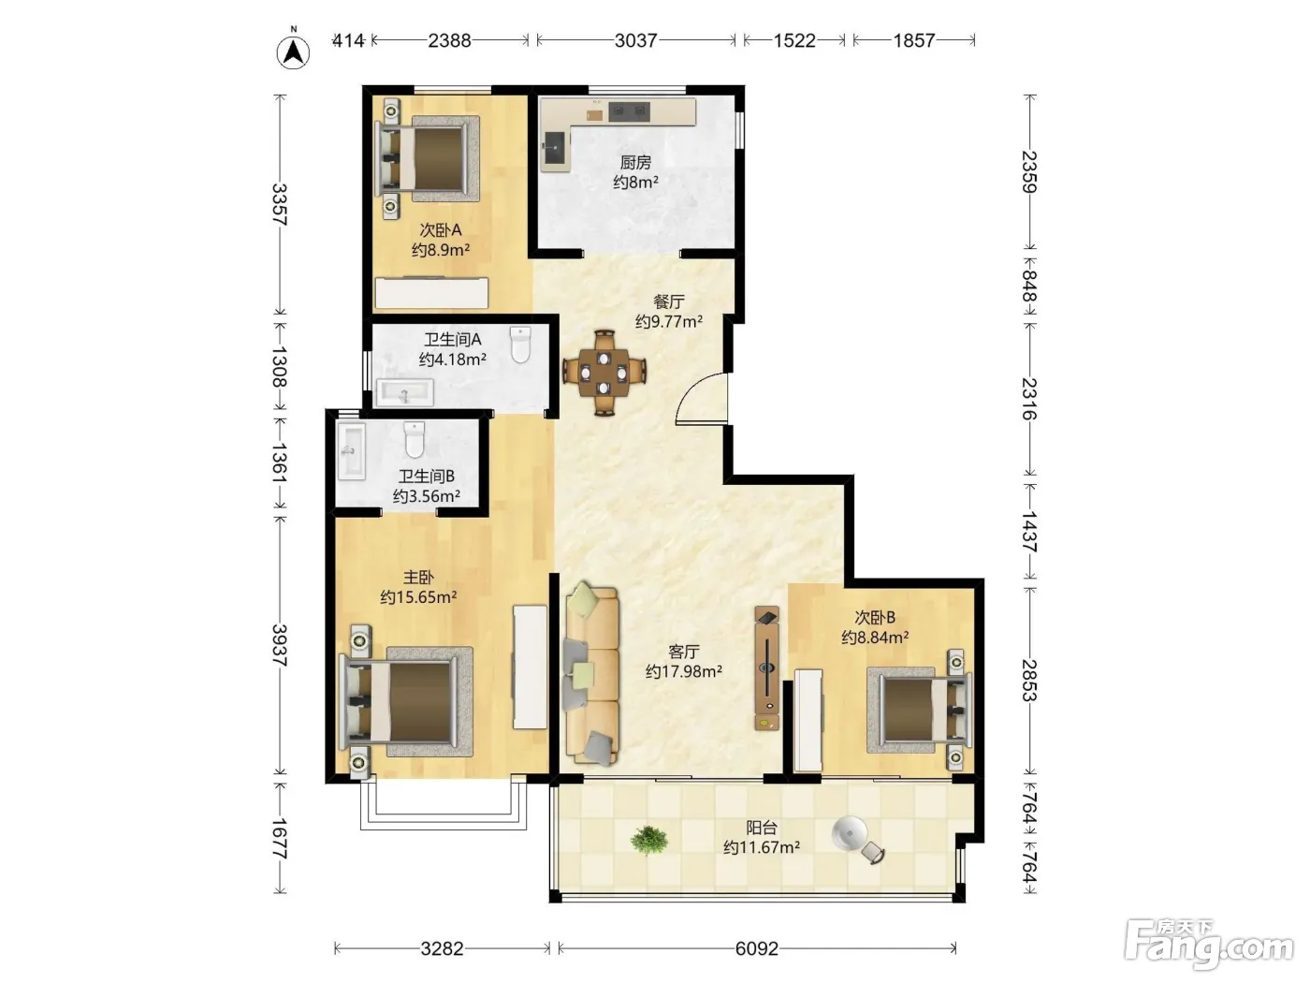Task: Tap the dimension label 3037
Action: pyautogui.click(x=635, y=40)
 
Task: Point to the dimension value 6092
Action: pyautogui.click(x=757, y=948)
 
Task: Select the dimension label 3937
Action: pyautogui.click(x=279, y=645)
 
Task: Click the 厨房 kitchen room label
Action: pyautogui.click(x=635, y=162)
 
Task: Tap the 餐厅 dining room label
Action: pyautogui.click(x=668, y=302)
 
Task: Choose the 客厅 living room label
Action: pyautogui.click(x=684, y=652)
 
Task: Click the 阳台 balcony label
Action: pyautogui.click(x=762, y=828)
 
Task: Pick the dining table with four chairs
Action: pyautogui.click(x=604, y=373)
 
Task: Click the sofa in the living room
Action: pyautogui.click(x=591, y=674)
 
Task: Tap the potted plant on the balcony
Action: pyautogui.click(x=648, y=840)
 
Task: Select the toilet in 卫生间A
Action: pyautogui.click(x=520, y=345)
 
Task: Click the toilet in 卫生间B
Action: pyautogui.click(x=415, y=440)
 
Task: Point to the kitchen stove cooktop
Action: pyautogui.click(x=629, y=111)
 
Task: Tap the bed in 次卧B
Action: pyautogui.click(x=919, y=710)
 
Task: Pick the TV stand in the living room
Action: pyautogui.click(x=767, y=668)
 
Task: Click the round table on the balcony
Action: pyautogui.click(x=850, y=834)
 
